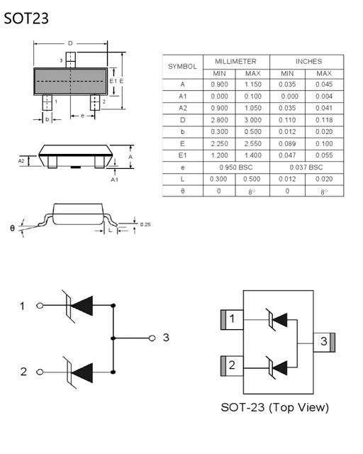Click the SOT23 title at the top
tap(26, 18)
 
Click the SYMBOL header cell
tap(182, 67)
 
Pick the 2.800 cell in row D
tap(219, 120)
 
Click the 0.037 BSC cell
tap(306, 167)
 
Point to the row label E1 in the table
tap(182, 155)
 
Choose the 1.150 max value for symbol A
tap(254, 84)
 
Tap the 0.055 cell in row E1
tap(324, 155)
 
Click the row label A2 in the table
tap(182, 108)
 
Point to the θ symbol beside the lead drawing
tap(12, 228)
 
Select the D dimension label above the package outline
tap(70, 44)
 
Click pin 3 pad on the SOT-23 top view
tap(325, 341)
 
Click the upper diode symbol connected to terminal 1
tap(79, 306)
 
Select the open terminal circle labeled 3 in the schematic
tap(152, 338)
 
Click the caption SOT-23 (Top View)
tap(274, 407)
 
